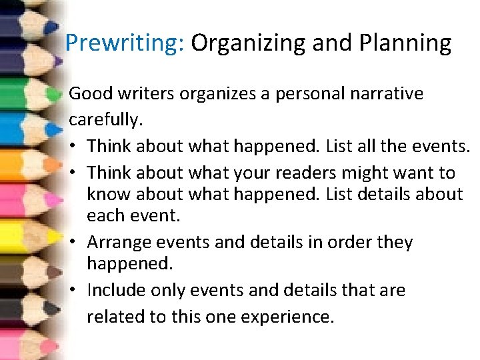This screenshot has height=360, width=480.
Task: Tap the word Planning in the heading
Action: pyautogui.click(x=405, y=43)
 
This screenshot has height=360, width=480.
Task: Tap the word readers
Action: pyautogui.click(x=309, y=173)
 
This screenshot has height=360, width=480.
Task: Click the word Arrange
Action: pyautogui.click(x=119, y=242)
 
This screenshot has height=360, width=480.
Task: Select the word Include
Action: pyautogui.click(x=117, y=291)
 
